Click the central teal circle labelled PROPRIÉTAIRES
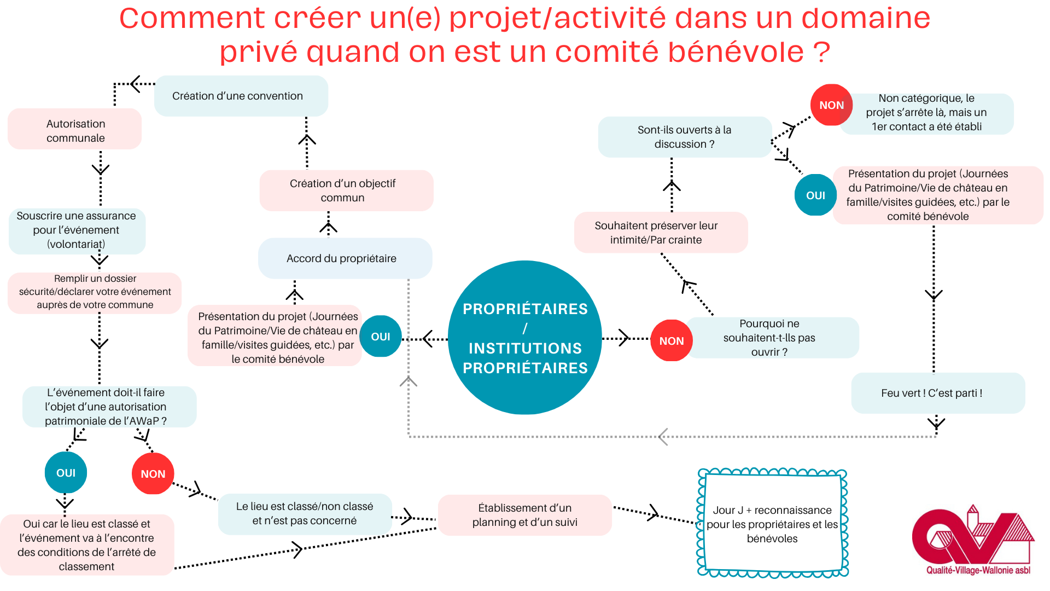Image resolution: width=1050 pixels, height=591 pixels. pos(524,338)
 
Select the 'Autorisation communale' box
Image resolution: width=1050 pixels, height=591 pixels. pos(75,130)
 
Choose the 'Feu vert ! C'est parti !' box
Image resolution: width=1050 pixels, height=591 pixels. pos(937,393)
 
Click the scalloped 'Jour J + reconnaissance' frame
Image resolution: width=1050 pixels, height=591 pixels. pos(772,524)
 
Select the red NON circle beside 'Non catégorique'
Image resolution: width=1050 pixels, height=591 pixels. pos(831,105)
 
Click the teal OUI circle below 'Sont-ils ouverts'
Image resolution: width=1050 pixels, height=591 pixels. pos(815,195)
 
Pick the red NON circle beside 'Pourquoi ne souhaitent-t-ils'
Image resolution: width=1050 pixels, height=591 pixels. pos(671,340)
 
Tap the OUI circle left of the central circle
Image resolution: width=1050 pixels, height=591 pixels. pos(381,337)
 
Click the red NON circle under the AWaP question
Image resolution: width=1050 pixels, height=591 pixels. pos(153,473)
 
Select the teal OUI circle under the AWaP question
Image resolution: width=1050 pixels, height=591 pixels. pos(66,473)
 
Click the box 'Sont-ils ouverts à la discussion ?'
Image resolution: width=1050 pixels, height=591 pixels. pos(684,137)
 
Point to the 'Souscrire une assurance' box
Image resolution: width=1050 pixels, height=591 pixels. pos(77,230)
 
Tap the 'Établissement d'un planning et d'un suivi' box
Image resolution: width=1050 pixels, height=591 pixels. pos(524,515)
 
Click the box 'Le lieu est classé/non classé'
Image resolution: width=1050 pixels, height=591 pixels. pos(305,514)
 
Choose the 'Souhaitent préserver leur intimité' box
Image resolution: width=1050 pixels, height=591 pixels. pos(660,233)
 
